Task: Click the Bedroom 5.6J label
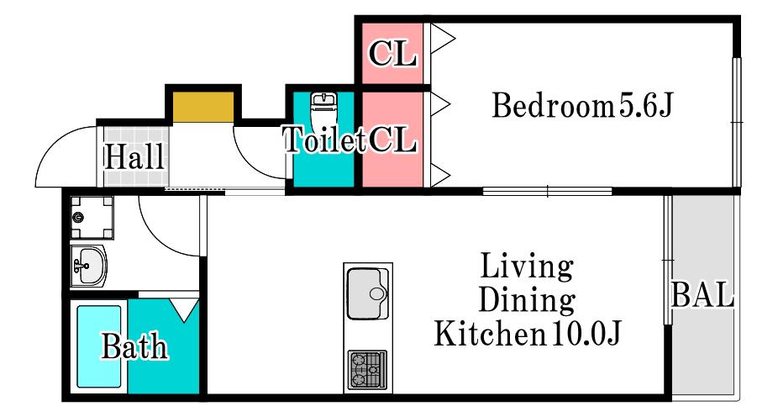point(581,105)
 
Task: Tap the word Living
point(527,266)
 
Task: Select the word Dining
point(527,300)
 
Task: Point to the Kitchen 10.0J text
point(528,334)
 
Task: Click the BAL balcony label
point(702,294)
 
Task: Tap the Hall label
point(134,156)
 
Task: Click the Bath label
point(134,346)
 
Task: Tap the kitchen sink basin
point(368,293)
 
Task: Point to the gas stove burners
point(367,370)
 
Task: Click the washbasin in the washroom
point(89,266)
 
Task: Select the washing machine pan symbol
point(92,218)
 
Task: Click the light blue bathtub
point(99,346)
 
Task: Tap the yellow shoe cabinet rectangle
point(203,107)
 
